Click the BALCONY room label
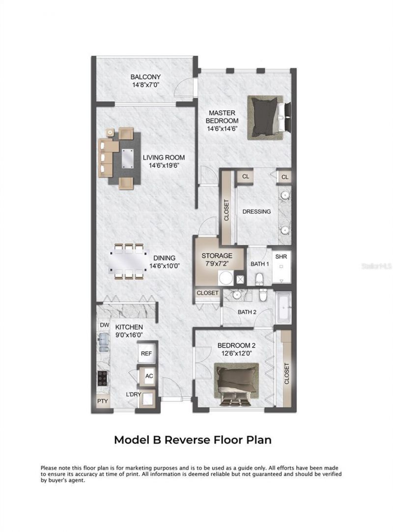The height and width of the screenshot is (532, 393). pos(146,77)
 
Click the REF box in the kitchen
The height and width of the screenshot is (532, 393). pos(146,354)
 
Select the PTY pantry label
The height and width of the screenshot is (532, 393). pos(103,401)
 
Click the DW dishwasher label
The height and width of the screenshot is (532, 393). pos(104,325)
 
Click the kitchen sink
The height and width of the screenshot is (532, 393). pos(104,341)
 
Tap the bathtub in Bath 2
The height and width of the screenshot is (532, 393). pos(284,307)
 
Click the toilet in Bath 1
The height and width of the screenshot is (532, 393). pos(259,278)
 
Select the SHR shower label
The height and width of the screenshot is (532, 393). pos(281,256)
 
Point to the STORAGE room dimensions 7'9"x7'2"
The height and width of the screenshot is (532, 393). pos(217,263)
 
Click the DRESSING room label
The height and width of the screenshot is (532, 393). pos(257,212)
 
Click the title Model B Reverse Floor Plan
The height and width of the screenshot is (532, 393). pos(193,440)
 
